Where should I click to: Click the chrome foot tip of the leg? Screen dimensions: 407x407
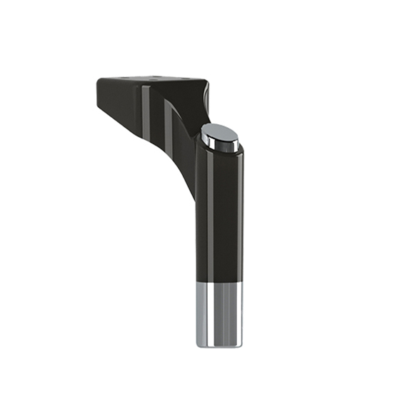pos(219,314)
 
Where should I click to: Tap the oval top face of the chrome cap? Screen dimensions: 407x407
pos(221,135)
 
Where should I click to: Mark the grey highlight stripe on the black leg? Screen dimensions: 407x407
pos(210,214)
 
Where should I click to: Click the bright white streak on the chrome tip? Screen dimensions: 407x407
pos(206,314)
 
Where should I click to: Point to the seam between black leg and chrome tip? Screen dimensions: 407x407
pos(219,281)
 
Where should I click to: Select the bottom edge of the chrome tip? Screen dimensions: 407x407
pos(219,346)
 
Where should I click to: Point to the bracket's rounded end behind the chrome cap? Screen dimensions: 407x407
pos(206,100)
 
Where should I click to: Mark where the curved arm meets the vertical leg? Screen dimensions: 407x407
pos(194,189)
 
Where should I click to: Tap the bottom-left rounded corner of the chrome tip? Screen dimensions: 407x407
pos(199,343)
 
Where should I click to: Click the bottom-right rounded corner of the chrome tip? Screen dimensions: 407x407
pos(240,343)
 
